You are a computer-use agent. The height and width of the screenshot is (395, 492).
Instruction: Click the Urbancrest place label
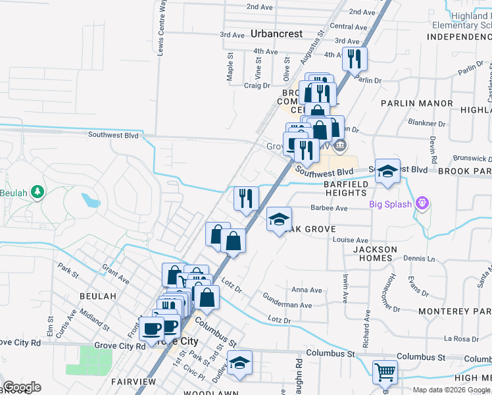pyautogui.click(x=276, y=34)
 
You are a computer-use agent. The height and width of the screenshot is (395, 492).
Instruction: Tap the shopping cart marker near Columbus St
pyautogui.click(x=385, y=372)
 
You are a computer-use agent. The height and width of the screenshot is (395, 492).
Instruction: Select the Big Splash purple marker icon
pyautogui.click(x=422, y=204)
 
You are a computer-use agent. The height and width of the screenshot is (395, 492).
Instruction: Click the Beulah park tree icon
pyautogui.click(x=39, y=192)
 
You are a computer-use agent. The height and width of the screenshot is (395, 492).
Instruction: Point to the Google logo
pyautogui.click(x=22, y=387)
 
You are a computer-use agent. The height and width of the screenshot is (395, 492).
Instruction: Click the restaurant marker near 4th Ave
pyautogui.click(x=355, y=59)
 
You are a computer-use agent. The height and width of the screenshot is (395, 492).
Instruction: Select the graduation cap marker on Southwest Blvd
pyautogui.click(x=388, y=171)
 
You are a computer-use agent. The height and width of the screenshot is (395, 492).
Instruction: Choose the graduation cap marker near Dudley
pyautogui.click(x=239, y=363)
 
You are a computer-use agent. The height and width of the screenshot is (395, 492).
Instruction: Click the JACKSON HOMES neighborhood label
pyautogui.click(x=376, y=254)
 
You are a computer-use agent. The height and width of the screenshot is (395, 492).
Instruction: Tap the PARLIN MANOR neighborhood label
pyautogui.click(x=417, y=103)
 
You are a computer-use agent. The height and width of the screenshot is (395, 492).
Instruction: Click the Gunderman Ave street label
pyautogui.click(x=287, y=305)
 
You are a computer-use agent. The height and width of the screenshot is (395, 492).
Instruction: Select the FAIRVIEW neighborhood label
pyautogui.click(x=134, y=382)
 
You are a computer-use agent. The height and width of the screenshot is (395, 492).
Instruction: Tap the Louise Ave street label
pyautogui.click(x=351, y=241)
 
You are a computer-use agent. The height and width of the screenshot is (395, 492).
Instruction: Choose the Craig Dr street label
pyautogui.click(x=257, y=86)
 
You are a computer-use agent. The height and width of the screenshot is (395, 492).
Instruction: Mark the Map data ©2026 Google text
pyautogui.click(x=451, y=390)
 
